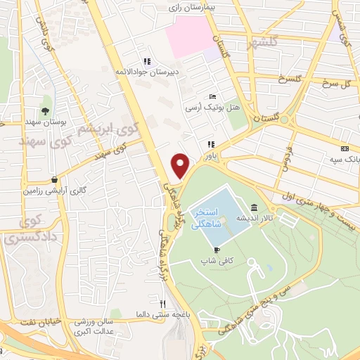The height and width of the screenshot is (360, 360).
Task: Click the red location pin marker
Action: coord(181,165)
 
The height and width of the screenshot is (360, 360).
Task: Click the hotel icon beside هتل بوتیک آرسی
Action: coord(212,97)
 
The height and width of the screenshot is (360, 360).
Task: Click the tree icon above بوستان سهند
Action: coord(46,111)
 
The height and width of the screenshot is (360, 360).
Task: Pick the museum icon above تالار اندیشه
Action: coord(253,208)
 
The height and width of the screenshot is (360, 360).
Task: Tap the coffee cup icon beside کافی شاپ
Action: coord(217,250)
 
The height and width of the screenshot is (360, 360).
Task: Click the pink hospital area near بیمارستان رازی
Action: coord(190,35)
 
